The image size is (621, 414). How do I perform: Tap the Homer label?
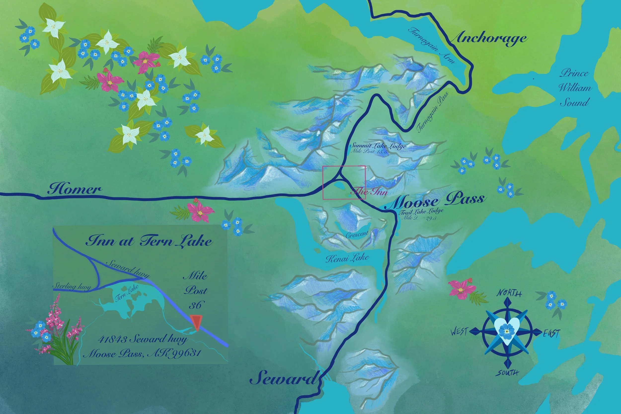75,189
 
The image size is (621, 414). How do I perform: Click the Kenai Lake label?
347,258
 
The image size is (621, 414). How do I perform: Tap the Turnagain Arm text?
431,45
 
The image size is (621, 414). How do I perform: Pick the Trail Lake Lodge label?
421,211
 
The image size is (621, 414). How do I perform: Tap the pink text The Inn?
370,191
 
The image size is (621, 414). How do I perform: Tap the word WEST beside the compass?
459,331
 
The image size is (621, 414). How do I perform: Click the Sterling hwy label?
72,286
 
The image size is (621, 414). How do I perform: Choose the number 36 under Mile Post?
195,305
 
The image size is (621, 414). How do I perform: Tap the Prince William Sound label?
575,88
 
